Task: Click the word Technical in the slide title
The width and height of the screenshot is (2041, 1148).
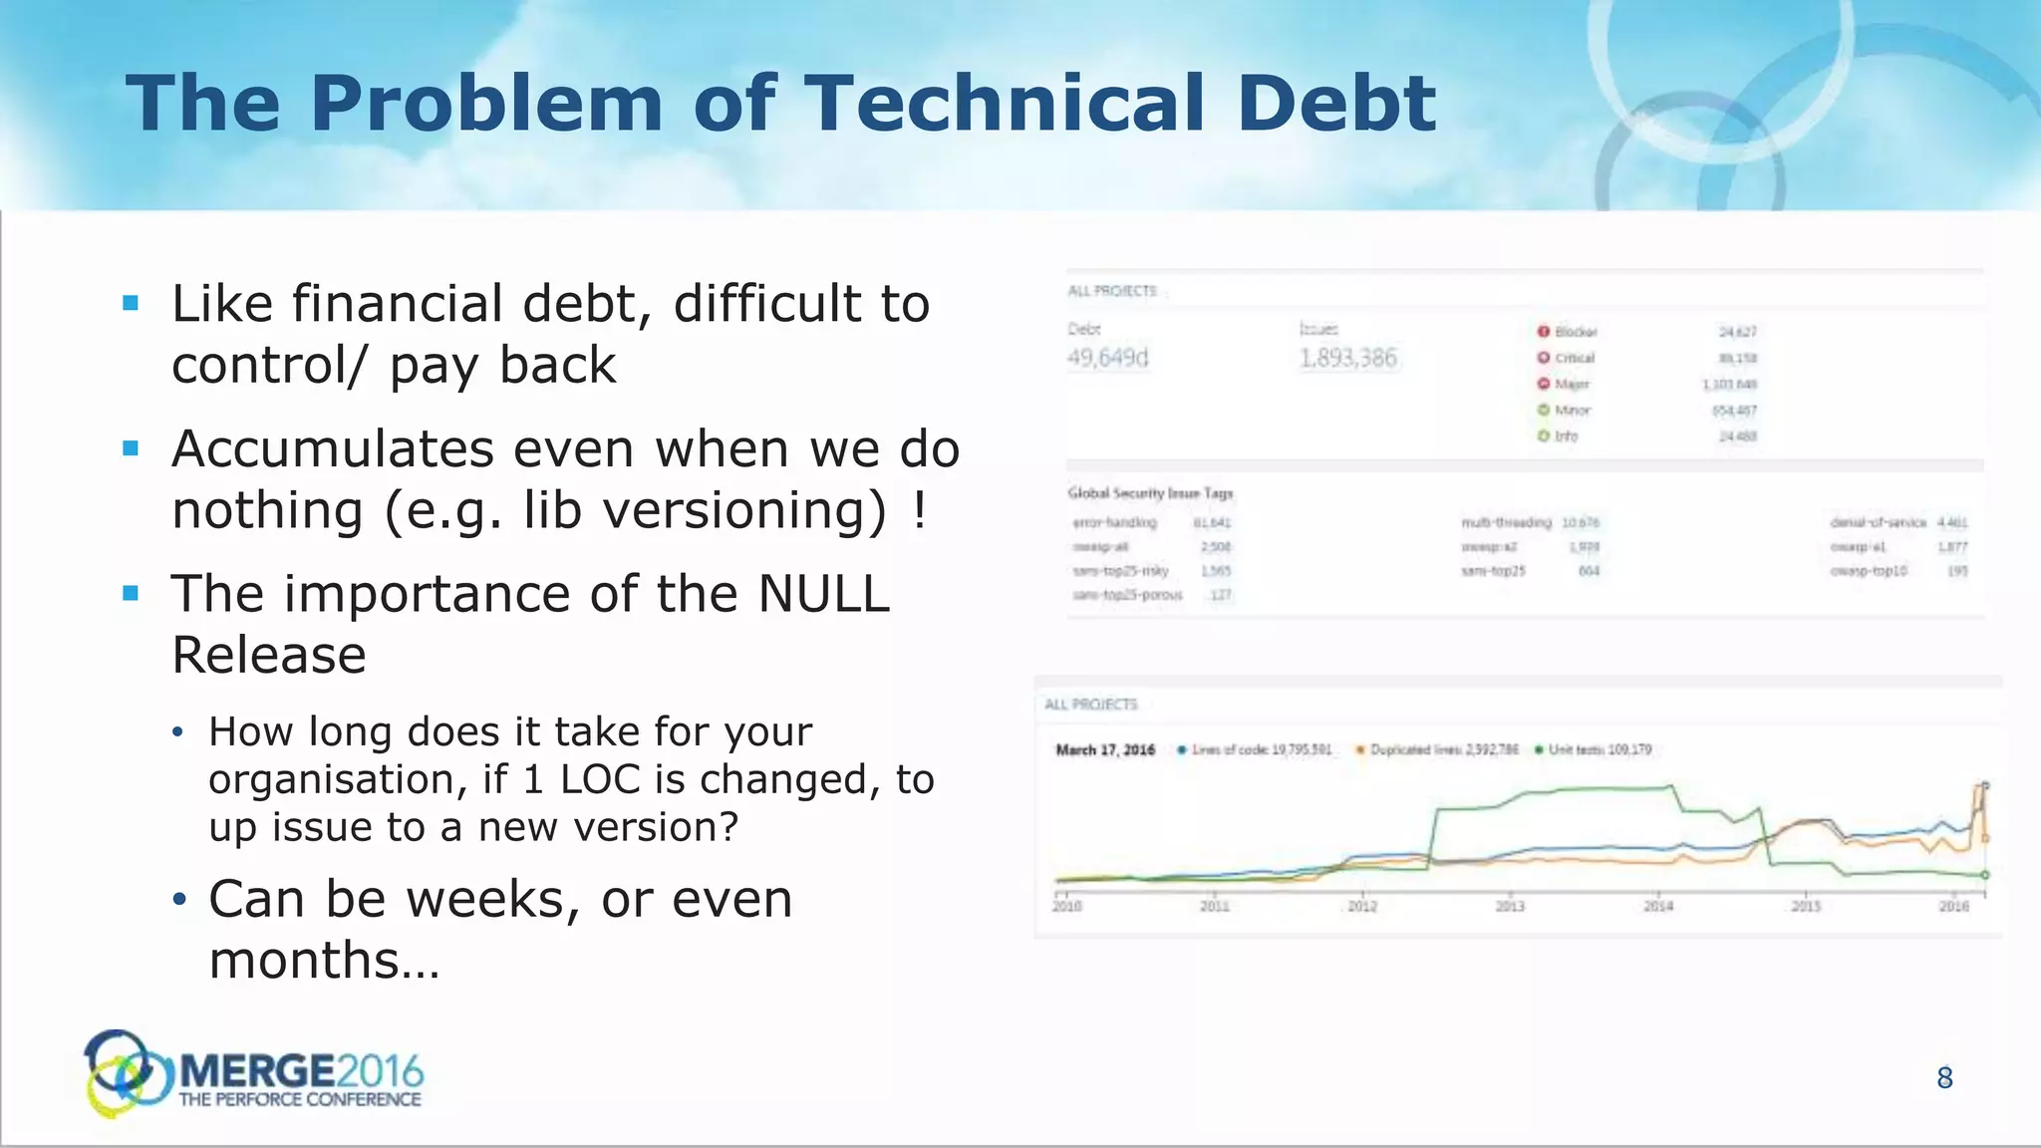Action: point(1005,104)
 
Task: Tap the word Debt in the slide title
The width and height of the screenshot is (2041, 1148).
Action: point(1335,104)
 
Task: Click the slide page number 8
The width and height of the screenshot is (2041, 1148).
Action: point(1944,1077)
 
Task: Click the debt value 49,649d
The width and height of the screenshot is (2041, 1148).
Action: point(1107,358)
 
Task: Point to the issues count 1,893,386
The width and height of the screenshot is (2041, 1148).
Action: point(1348,358)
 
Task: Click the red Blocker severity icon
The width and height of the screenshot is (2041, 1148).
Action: point(1543,332)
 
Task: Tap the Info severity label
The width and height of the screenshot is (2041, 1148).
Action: point(1567,436)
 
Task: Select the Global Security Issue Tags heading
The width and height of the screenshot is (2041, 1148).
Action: point(1150,493)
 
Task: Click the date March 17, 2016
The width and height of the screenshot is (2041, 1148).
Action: point(1105,750)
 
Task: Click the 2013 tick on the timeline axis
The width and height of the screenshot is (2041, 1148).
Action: point(1510,905)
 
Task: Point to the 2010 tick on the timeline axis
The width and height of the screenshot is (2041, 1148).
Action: point(1066,905)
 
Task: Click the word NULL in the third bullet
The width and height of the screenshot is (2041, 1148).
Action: point(823,595)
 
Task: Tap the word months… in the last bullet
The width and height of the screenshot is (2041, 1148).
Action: point(324,961)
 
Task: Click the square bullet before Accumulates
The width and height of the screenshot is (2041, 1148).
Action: point(131,448)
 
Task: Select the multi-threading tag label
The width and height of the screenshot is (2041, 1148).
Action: point(1506,522)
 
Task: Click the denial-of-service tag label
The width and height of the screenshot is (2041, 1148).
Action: point(1878,522)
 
